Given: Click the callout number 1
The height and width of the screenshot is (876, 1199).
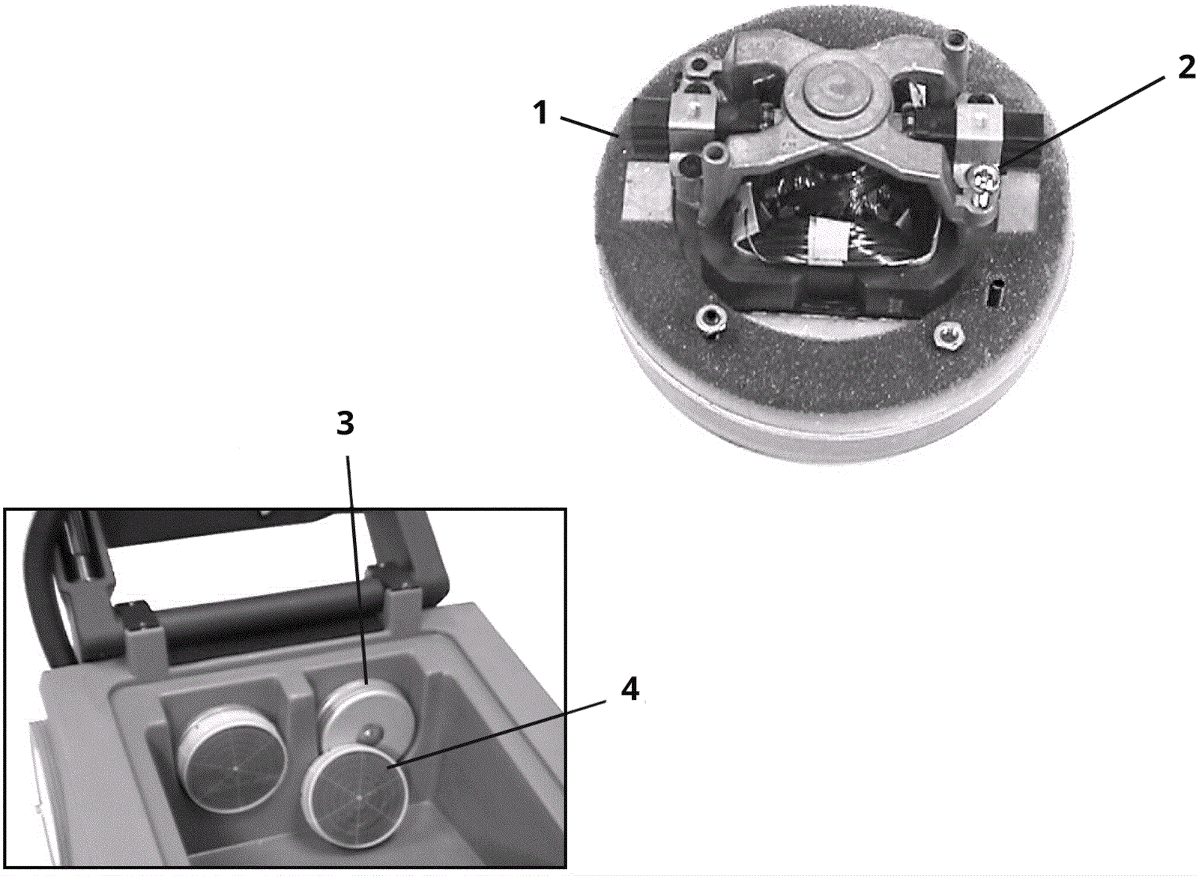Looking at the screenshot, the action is click(x=542, y=113).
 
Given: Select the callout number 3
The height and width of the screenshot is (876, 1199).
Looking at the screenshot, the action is click(x=345, y=424).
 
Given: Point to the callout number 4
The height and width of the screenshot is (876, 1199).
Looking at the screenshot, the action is click(x=629, y=689).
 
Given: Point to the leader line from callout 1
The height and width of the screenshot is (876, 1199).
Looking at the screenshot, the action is click(x=591, y=127).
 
